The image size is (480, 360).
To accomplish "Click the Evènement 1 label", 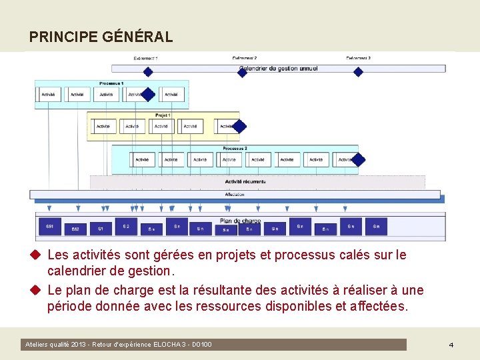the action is click(145, 59).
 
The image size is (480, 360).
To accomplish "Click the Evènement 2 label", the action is click(245, 59).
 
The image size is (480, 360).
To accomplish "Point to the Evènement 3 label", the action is click(358, 59).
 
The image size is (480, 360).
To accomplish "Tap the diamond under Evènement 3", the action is click(358, 72).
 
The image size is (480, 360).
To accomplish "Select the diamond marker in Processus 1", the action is click(148, 95).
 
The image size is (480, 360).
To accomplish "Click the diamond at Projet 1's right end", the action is click(239, 125).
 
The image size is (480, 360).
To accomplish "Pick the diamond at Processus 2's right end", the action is click(359, 159).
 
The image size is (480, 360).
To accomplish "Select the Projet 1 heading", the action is click(163, 115).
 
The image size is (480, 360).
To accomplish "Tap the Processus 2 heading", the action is click(235, 148).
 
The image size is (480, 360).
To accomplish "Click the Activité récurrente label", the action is click(245, 181).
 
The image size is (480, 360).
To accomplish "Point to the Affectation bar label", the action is click(234, 195).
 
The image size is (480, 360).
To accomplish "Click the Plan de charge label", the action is click(240, 221).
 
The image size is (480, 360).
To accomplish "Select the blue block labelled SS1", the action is click(50, 227).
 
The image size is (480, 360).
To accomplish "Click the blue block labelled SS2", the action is click(75, 229).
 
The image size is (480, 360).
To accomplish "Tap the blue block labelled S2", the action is click(126, 227).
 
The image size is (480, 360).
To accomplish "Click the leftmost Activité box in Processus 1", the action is click(49, 95).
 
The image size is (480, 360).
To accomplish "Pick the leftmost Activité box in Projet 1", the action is click(103, 126).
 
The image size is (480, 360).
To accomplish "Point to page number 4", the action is click(451, 345).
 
